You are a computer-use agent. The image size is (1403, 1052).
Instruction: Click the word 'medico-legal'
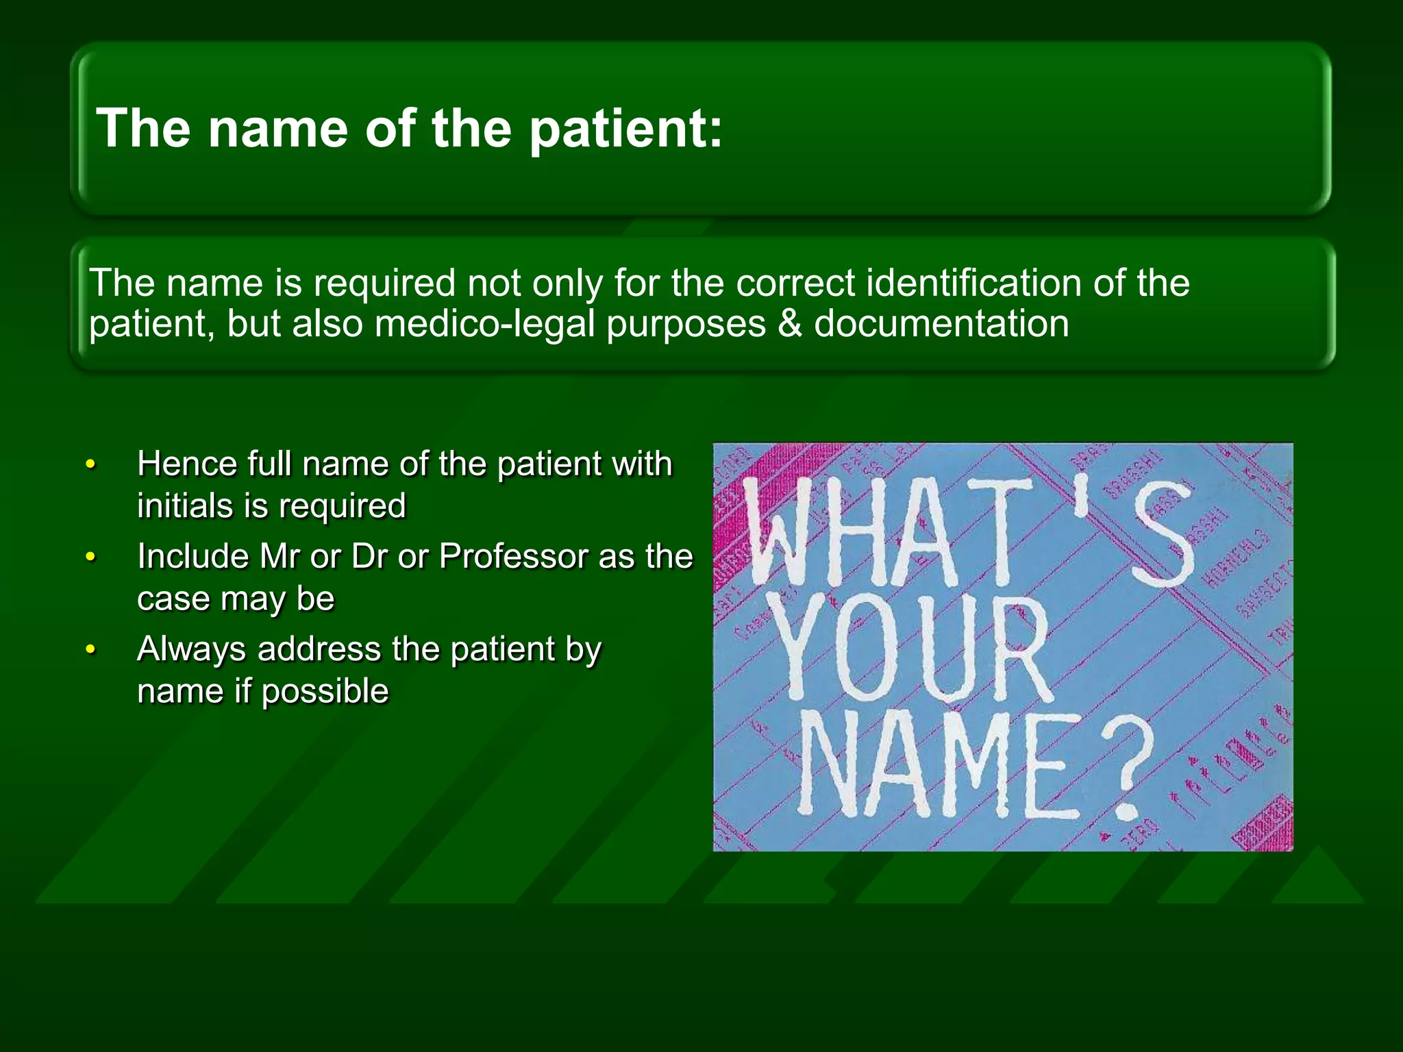click(485, 324)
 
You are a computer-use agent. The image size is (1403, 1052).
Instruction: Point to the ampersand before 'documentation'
click(790, 324)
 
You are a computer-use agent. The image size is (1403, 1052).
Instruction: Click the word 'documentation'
click(941, 324)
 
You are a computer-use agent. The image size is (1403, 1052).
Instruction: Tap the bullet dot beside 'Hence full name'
click(90, 465)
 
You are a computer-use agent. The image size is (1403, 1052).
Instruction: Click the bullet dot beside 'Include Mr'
click(90, 558)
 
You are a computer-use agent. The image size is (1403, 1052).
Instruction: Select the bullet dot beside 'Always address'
click(90, 650)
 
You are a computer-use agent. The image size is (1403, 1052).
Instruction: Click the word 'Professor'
click(513, 556)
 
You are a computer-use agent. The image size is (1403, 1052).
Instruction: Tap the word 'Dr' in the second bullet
click(369, 556)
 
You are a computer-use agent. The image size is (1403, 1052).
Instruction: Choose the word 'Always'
click(191, 649)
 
